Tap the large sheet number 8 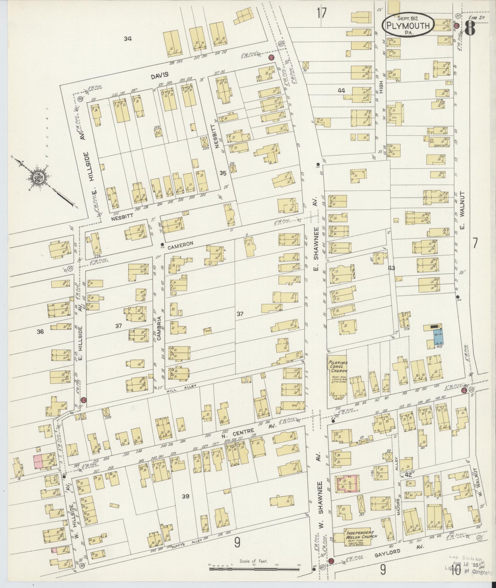(x=471, y=26)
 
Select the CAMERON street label (x=183, y=243)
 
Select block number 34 (x=128, y=38)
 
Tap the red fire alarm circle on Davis (x=271, y=57)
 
